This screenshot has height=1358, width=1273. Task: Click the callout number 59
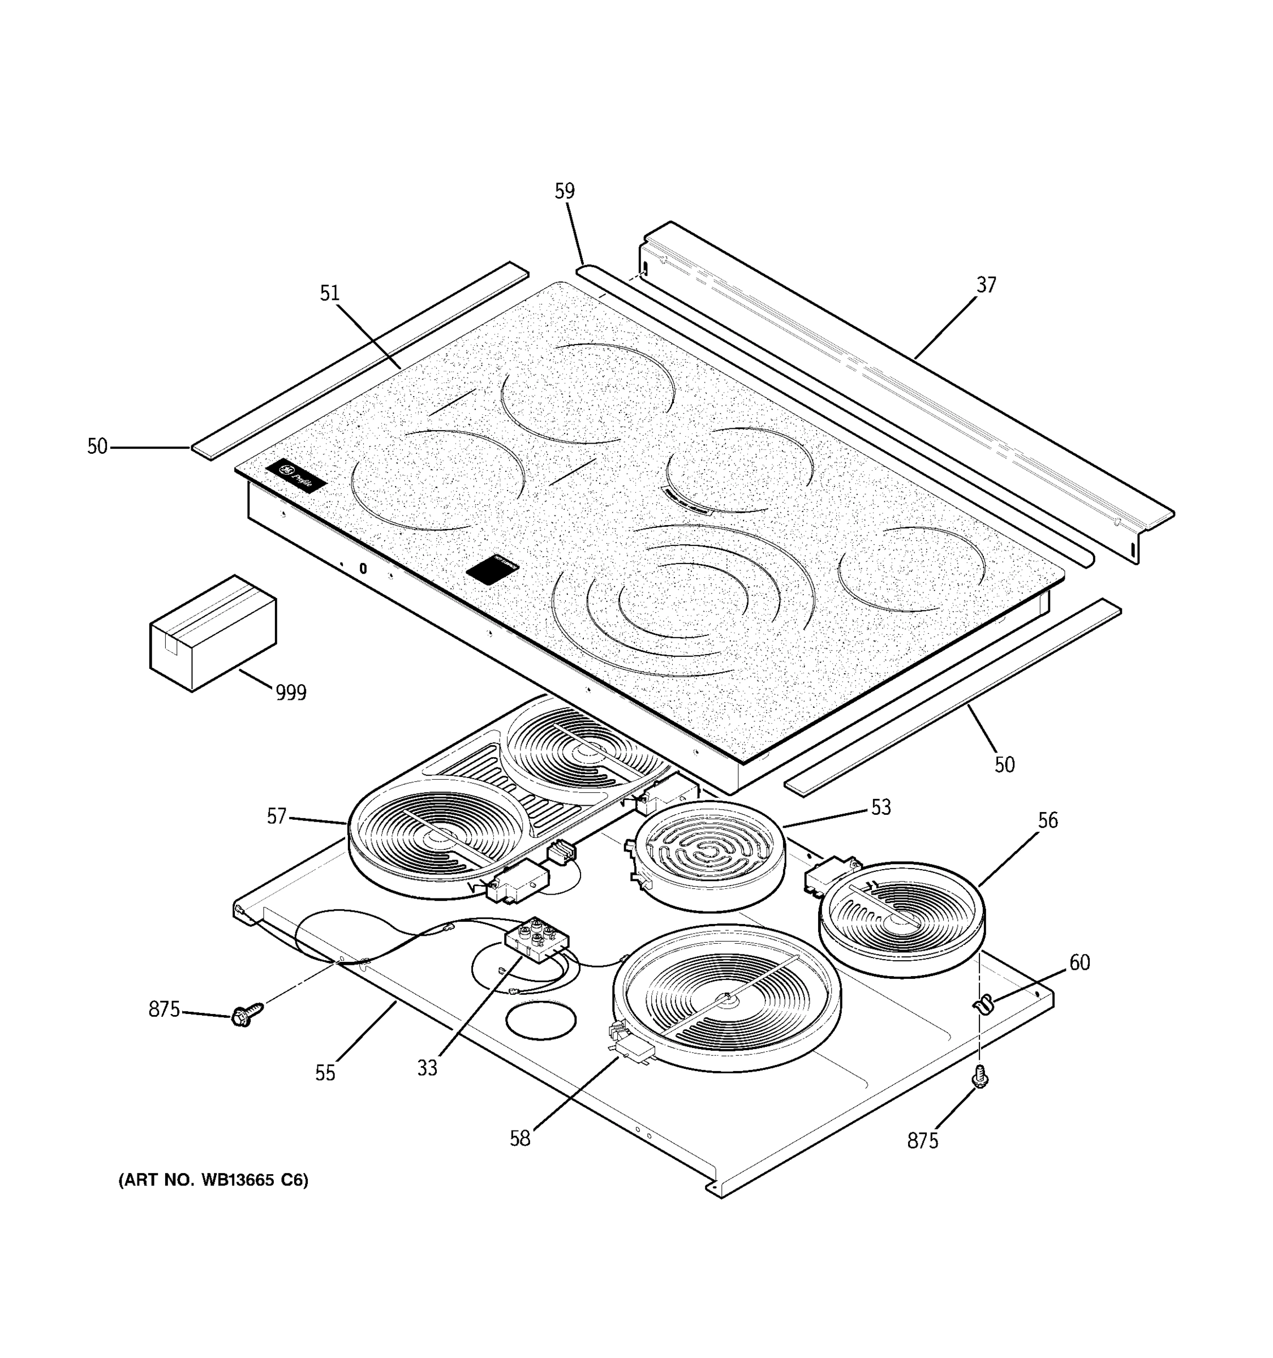[x=564, y=192]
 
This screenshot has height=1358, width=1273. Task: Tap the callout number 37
[x=986, y=285]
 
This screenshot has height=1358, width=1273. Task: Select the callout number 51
[x=329, y=293]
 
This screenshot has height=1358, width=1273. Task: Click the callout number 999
[x=291, y=693]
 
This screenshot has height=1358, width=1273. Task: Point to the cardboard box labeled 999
[x=212, y=633]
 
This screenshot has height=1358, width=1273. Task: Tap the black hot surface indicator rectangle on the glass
[x=492, y=568]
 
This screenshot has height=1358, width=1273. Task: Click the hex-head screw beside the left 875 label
[x=244, y=1015]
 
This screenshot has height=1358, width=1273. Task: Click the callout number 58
[x=520, y=1138]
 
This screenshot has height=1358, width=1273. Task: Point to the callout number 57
[x=276, y=816]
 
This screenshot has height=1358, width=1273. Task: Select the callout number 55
[x=325, y=1073]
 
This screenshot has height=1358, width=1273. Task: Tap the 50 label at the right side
[x=1004, y=764]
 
